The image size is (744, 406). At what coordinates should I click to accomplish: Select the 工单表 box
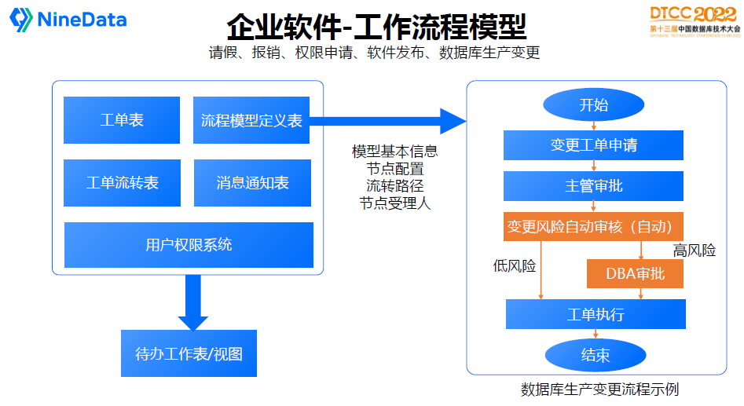(122, 120)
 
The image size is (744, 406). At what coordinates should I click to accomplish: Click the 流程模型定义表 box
(251, 120)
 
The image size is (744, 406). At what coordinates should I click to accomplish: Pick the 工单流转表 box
(122, 183)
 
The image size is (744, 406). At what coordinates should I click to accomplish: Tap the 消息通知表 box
(251, 183)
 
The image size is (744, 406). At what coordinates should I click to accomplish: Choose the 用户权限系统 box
(189, 245)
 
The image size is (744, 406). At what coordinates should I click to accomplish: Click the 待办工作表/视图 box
(189, 353)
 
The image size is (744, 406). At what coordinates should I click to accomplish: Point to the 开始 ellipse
(593, 105)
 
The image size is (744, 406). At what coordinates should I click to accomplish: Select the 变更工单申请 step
(593, 145)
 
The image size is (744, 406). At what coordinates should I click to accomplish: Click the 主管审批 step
(593, 186)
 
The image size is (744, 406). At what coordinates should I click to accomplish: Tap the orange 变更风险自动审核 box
(593, 227)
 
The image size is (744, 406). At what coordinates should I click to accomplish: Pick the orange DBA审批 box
(635, 273)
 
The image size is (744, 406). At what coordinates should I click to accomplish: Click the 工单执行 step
(596, 314)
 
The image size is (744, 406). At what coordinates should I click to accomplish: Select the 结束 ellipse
(595, 355)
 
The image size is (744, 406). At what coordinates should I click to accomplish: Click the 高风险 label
(694, 251)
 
